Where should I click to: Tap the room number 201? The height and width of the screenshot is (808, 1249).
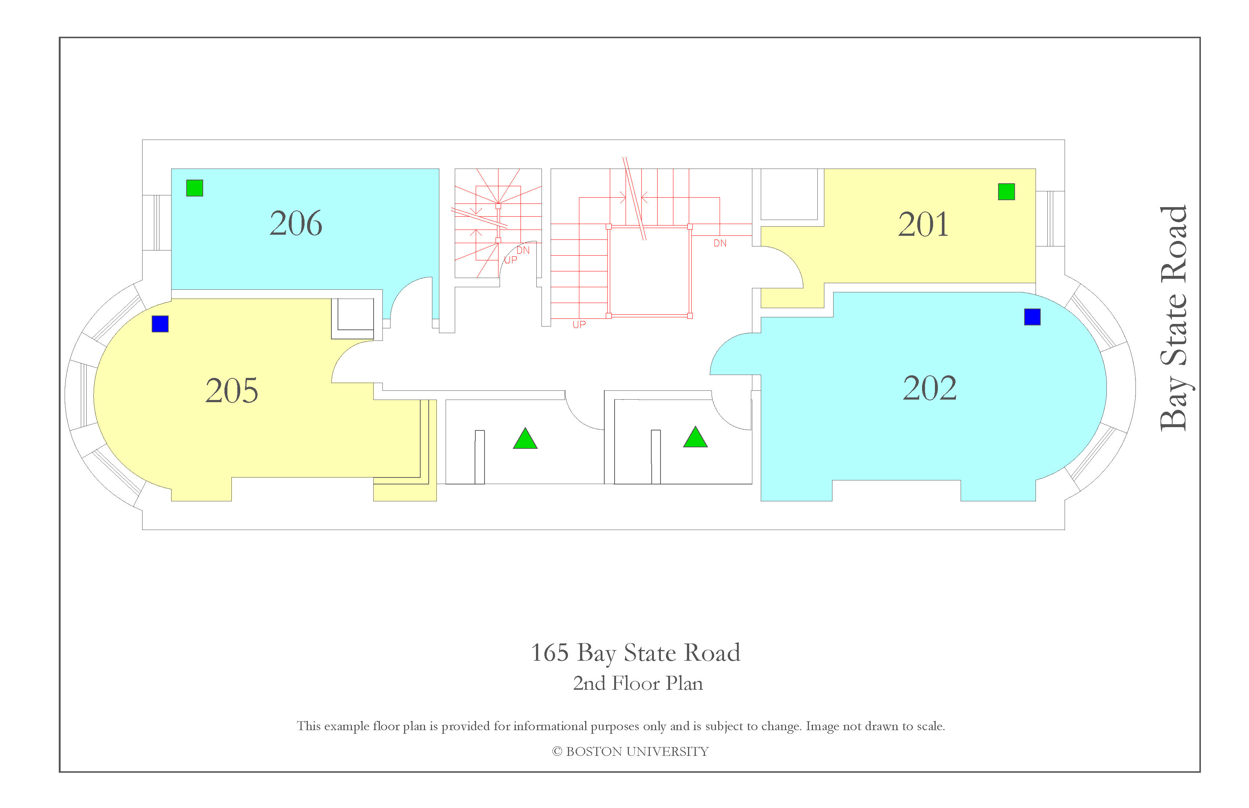(x=923, y=224)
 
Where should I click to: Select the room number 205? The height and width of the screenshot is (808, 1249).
(x=231, y=390)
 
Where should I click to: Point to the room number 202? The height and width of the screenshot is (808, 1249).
(x=929, y=388)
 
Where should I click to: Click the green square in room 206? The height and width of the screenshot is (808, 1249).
(x=195, y=188)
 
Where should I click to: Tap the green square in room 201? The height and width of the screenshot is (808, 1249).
(x=1006, y=191)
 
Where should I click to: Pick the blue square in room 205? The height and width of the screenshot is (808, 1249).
(x=160, y=324)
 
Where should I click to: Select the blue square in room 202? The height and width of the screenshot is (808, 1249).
(x=1032, y=317)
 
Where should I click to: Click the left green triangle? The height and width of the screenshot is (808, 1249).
(x=525, y=440)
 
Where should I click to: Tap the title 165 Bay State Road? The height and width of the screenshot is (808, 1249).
(x=636, y=653)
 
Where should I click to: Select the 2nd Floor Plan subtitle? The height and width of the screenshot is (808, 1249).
(x=638, y=683)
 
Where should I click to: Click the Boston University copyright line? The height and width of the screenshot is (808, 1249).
(x=630, y=751)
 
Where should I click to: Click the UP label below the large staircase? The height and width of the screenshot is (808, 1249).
(x=579, y=325)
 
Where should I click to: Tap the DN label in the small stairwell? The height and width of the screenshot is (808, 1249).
(x=523, y=250)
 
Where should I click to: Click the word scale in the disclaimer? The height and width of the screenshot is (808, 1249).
(x=931, y=726)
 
